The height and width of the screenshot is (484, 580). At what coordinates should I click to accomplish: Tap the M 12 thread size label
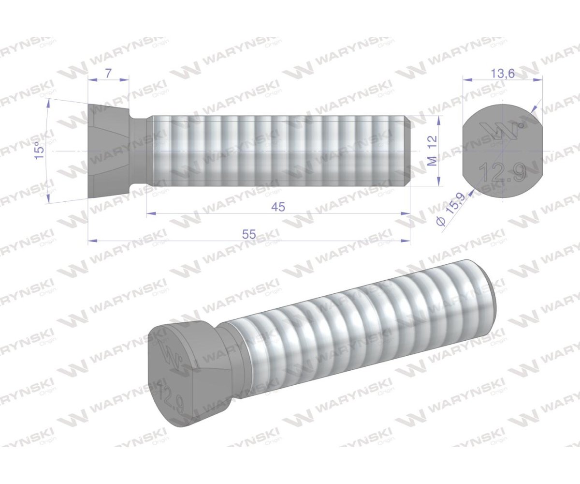(x=433, y=151)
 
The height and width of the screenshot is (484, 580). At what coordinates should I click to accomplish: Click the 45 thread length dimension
(x=278, y=207)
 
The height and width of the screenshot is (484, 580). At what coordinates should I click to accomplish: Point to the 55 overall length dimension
(x=249, y=234)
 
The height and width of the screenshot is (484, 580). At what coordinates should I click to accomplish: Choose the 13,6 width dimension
(x=502, y=74)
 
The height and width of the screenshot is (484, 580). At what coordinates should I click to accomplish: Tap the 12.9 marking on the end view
(x=502, y=172)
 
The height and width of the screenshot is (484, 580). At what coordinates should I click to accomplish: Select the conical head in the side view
(x=109, y=151)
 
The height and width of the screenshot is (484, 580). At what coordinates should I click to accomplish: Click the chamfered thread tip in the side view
(x=407, y=151)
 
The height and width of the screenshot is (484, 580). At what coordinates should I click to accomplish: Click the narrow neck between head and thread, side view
(x=140, y=151)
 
